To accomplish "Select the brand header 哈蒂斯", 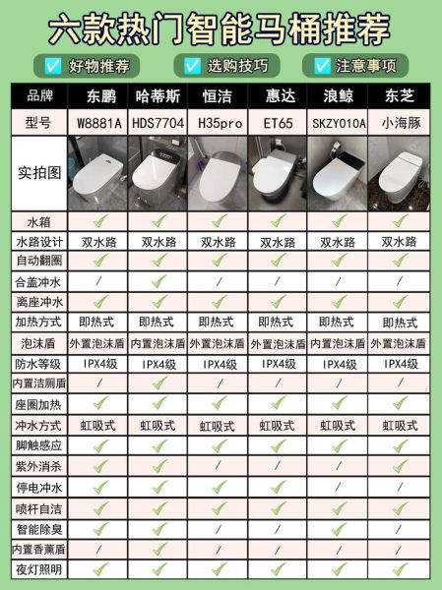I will click(x=158, y=96).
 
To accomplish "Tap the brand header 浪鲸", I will click(x=338, y=96).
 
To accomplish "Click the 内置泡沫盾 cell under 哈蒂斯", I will click(x=158, y=342).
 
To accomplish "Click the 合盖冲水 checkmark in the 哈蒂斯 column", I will click(x=158, y=280).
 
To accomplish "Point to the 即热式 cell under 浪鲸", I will click(x=338, y=322).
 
